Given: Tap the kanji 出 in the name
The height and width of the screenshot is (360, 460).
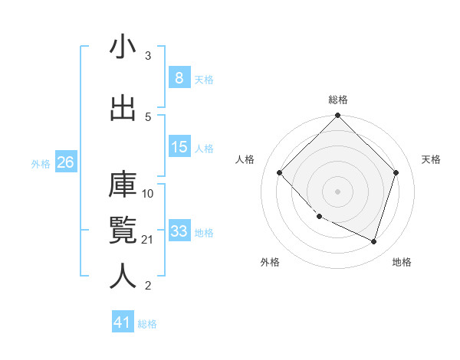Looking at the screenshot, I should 123,108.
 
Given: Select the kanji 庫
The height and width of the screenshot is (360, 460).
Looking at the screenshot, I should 123,184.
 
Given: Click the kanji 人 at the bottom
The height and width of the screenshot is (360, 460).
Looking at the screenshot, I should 123,276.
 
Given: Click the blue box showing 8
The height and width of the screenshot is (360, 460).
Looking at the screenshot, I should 179,77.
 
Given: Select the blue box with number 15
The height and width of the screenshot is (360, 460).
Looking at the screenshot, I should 179,147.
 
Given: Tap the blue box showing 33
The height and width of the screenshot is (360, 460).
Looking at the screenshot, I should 179,231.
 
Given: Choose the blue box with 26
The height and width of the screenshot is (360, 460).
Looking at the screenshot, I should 65,162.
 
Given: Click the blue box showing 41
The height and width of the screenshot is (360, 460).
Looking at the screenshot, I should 123,322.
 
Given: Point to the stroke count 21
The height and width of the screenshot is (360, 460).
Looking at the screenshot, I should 148,240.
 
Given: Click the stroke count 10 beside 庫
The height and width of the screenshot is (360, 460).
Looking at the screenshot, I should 148,193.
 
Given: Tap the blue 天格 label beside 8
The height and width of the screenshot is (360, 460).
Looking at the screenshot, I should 204,79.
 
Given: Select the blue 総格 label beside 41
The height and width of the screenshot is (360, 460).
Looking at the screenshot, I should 147,324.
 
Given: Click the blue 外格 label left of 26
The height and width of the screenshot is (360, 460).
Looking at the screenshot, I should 40,163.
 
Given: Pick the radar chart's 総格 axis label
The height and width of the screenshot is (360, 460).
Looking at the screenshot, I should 337,100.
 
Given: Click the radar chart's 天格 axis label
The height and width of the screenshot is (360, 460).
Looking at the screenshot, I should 431,159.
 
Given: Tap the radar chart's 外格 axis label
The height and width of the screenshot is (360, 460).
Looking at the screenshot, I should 270,262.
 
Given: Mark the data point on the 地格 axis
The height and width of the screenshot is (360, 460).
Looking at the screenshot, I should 373,241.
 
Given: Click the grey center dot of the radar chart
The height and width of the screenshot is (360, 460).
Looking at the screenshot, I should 337,191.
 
